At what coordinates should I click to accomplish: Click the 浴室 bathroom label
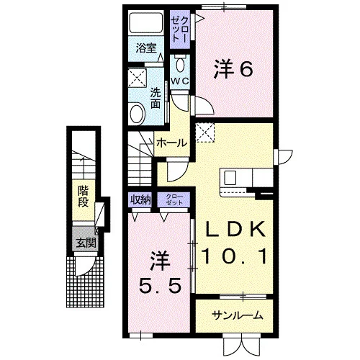point(146,48)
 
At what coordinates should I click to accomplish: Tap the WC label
point(180,81)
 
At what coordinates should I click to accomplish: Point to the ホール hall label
point(172,143)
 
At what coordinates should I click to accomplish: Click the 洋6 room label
point(233,69)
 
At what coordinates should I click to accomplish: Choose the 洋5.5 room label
point(159,273)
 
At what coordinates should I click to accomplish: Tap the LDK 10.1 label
point(234,243)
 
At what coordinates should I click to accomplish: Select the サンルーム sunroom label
point(237,315)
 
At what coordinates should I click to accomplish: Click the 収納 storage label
point(140,199)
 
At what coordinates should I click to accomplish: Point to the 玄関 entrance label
point(86,243)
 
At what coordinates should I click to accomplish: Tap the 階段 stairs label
point(83,197)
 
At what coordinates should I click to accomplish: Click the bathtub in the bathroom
point(146,22)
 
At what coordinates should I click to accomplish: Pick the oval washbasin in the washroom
point(138,114)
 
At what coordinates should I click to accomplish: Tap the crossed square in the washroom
point(138,78)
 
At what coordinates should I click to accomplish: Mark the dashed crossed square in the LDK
point(205,132)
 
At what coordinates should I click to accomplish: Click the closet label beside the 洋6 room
point(180,30)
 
